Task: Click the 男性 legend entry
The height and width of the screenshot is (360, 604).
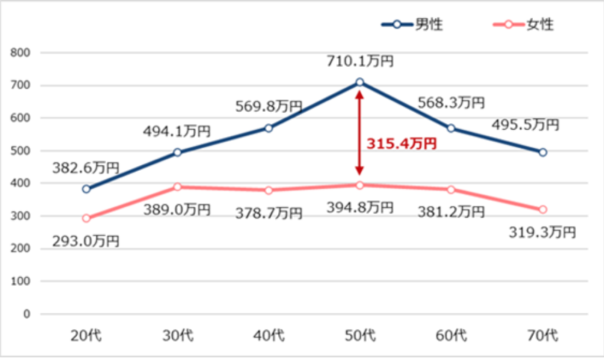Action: (x=413, y=25)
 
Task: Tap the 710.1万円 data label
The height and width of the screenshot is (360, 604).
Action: (x=360, y=61)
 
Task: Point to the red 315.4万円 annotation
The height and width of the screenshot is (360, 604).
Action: (x=402, y=143)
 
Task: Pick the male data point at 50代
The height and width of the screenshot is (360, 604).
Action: (x=359, y=83)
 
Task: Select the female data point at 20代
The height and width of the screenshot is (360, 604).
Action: (x=86, y=218)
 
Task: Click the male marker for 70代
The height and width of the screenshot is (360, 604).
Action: (x=543, y=152)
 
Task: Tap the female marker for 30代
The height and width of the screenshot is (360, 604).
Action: (x=178, y=187)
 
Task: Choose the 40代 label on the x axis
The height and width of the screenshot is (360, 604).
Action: (x=268, y=336)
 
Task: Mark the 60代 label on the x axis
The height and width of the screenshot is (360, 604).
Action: (x=451, y=336)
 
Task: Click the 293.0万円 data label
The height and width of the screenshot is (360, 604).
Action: (x=86, y=241)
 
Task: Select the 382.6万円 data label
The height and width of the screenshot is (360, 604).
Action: (x=86, y=167)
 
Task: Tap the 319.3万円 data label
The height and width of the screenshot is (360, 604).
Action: (x=541, y=232)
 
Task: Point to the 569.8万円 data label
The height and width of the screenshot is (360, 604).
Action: (x=268, y=106)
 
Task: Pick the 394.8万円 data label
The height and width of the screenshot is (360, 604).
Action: (x=360, y=207)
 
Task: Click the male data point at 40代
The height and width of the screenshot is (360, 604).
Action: (x=268, y=128)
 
